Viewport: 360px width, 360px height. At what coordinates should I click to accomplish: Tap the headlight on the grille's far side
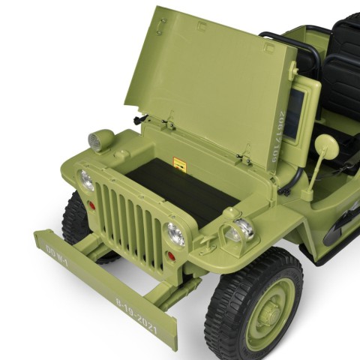[87, 180]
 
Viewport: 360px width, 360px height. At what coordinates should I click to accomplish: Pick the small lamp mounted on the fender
[240, 230]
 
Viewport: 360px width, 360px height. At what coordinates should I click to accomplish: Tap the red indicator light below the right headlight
[170, 256]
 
